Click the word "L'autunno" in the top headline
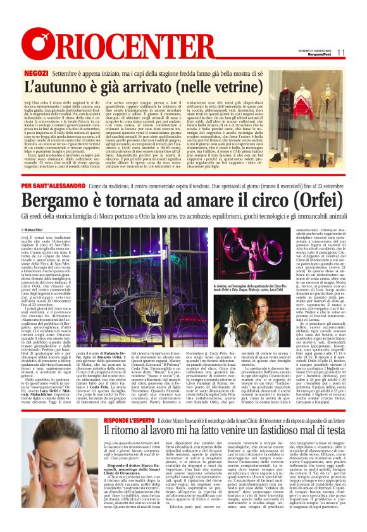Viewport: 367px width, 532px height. pos(53,90)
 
